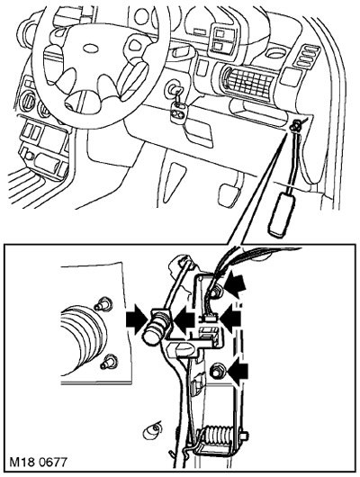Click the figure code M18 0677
coord(38,462)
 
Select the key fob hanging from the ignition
coord(177,112)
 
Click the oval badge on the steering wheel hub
coord(90,49)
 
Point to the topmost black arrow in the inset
coord(236,284)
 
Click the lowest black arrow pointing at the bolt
coord(238,371)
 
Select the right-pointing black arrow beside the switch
coord(136,321)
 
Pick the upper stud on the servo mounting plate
coord(103,303)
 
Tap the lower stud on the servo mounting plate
coord(109,362)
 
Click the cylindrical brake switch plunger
coord(156,328)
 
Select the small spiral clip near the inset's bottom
coord(152,430)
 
